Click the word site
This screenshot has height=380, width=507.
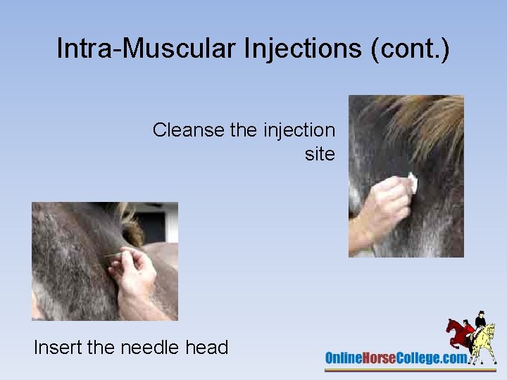click(x=320, y=154)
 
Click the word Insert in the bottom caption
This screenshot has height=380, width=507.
click(x=59, y=347)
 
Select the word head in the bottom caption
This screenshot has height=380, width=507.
click(x=207, y=347)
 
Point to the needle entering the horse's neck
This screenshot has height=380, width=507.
click(x=113, y=256)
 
